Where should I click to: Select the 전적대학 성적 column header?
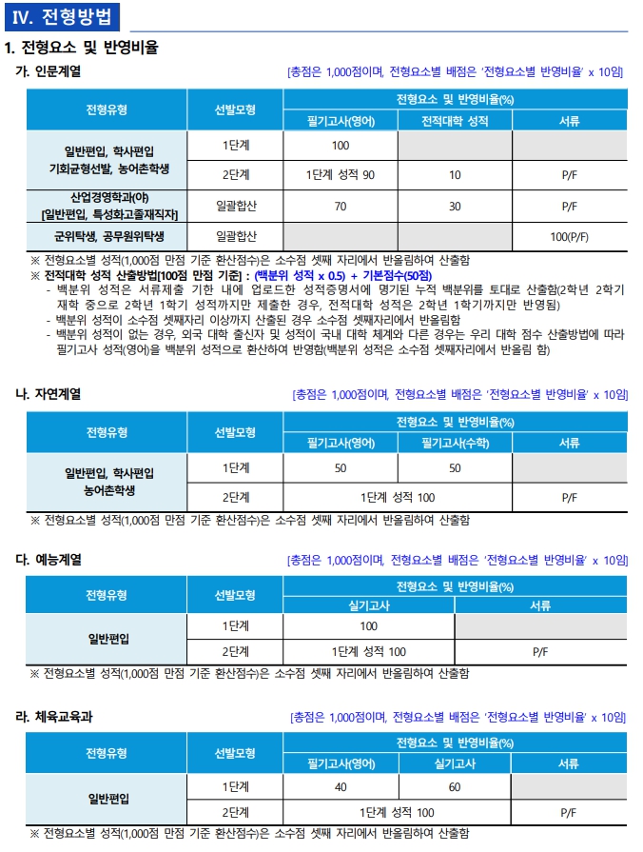click(455, 122)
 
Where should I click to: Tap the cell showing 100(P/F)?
click(569, 235)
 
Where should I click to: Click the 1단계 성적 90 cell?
click(341, 175)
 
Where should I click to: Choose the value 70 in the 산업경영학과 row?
click(341, 205)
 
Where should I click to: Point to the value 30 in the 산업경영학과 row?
click(455, 205)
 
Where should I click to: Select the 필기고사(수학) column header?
click(455, 442)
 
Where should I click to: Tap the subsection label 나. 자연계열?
click(48, 393)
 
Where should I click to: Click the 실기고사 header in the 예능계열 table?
click(369, 604)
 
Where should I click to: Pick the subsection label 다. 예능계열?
click(48, 559)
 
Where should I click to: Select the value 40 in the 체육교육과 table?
click(341, 787)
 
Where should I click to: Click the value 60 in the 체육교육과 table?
click(455, 787)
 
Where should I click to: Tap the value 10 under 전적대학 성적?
click(455, 175)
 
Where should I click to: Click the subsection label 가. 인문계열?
click(48, 71)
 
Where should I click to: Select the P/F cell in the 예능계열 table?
click(540, 651)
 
